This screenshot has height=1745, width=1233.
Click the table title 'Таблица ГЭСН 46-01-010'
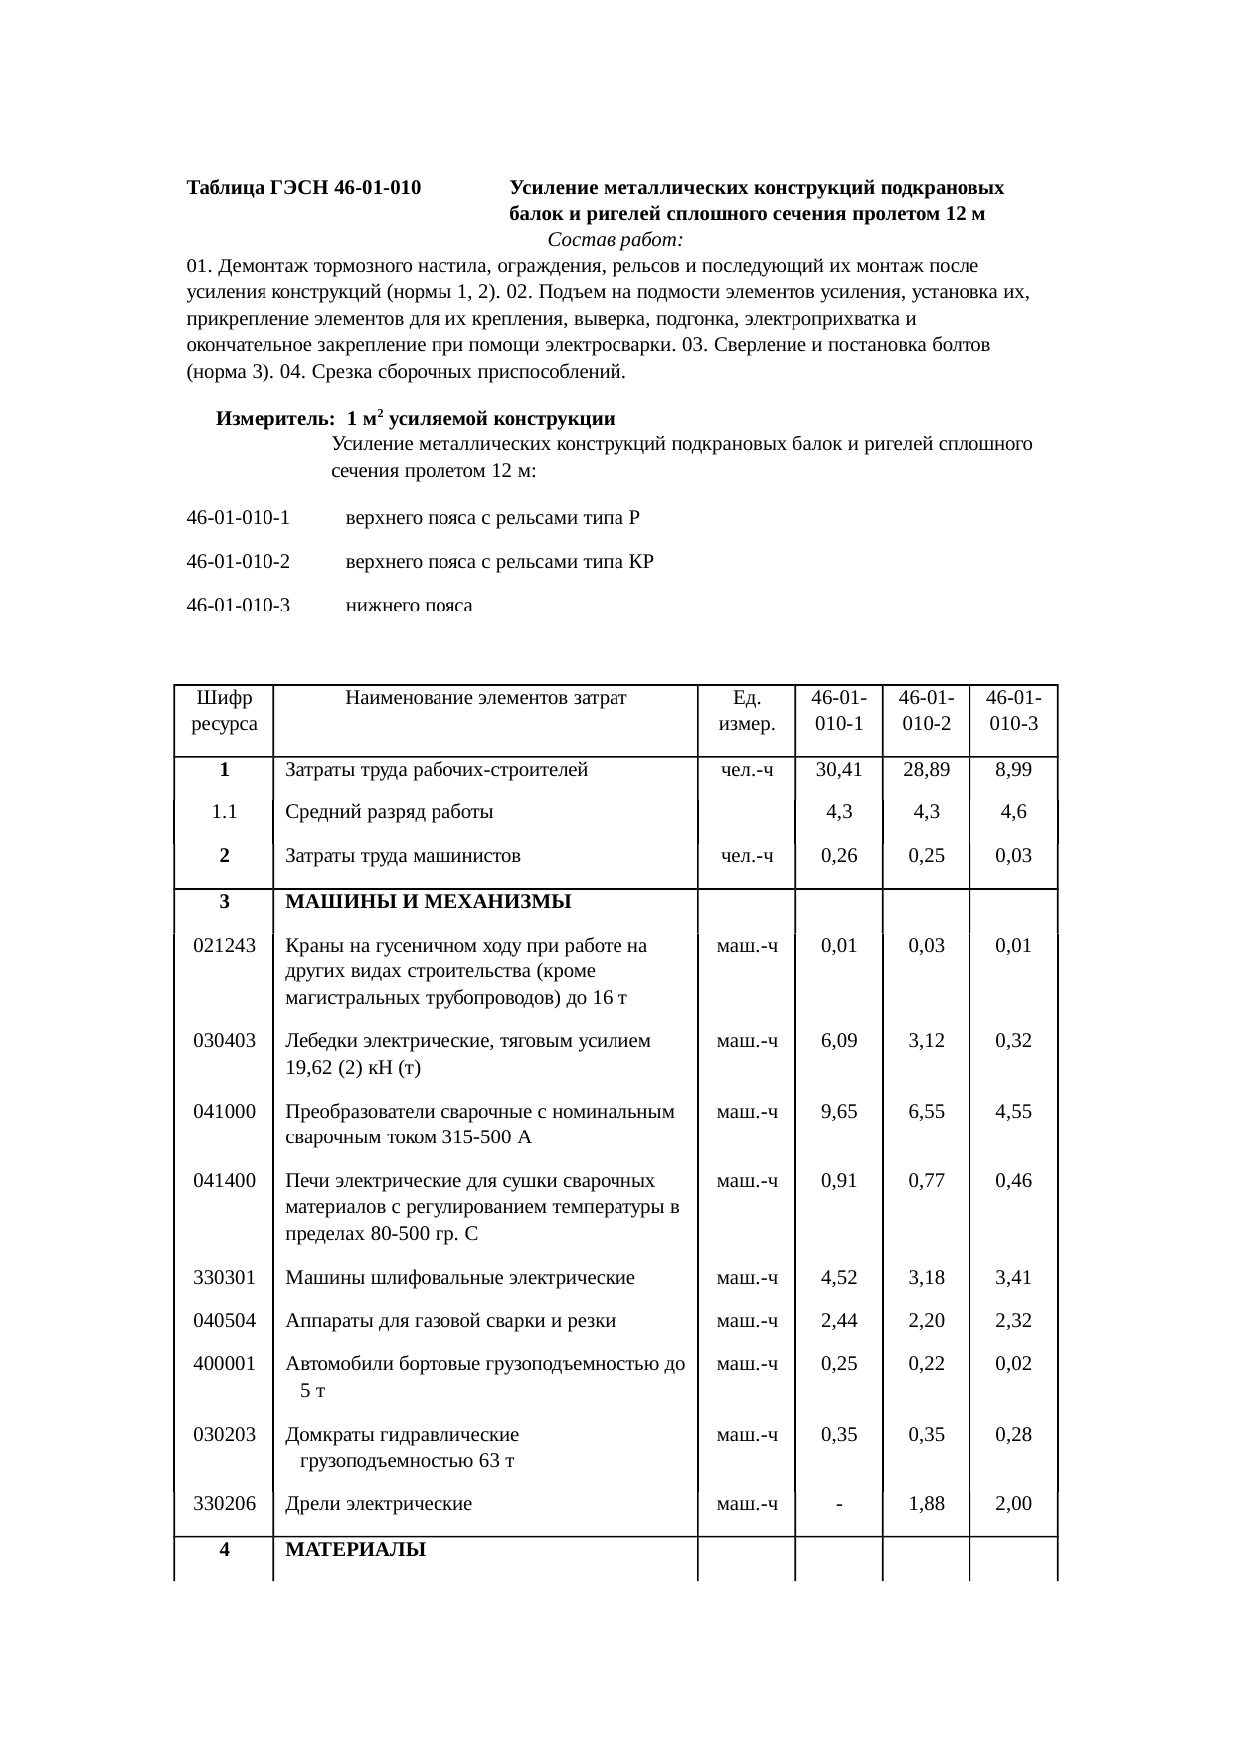coord(303,188)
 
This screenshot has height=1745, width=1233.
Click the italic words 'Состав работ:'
coord(615,240)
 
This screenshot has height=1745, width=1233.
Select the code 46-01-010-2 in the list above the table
coord(238,562)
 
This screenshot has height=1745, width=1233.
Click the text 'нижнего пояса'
coord(409,606)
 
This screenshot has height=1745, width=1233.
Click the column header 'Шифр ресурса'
coord(224,711)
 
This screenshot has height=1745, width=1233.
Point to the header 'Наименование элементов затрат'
coord(485,698)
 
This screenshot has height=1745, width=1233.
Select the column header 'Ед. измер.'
coord(746,711)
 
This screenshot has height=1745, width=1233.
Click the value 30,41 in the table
coord(838,770)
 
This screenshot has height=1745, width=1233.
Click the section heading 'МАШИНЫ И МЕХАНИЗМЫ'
coord(428,902)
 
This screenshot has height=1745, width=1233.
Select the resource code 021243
coord(224,946)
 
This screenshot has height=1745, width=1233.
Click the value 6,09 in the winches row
coord(838,1041)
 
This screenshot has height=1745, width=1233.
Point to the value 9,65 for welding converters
coord(838,1112)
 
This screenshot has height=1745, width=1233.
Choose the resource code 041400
coord(224,1181)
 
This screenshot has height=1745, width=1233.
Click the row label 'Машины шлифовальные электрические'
coord(459,1278)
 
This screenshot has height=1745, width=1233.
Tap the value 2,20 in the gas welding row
coord(926,1321)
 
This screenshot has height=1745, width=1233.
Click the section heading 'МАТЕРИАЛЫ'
coord(355,1550)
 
